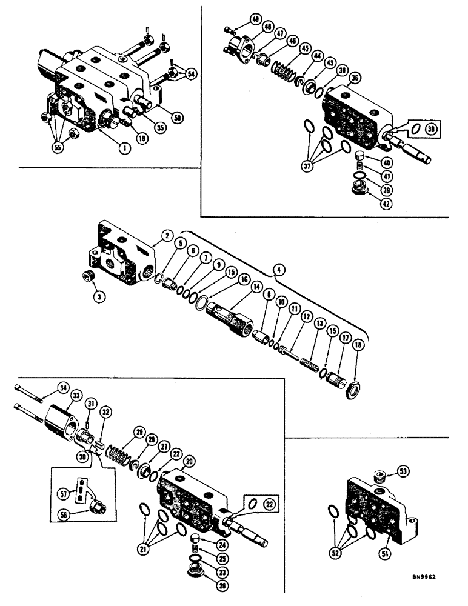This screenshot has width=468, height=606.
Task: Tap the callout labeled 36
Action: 354,77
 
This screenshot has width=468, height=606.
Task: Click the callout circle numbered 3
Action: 96,296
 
